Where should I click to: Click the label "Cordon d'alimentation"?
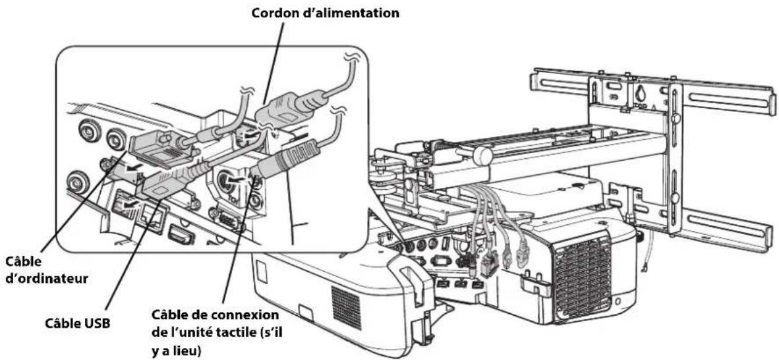[326, 13]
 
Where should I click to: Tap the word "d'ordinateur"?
[47, 278]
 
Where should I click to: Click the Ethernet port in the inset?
[152, 218]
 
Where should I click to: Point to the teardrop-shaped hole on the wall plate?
[641, 92]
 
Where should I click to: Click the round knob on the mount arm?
[482, 155]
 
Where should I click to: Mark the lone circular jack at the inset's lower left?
[78, 181]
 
